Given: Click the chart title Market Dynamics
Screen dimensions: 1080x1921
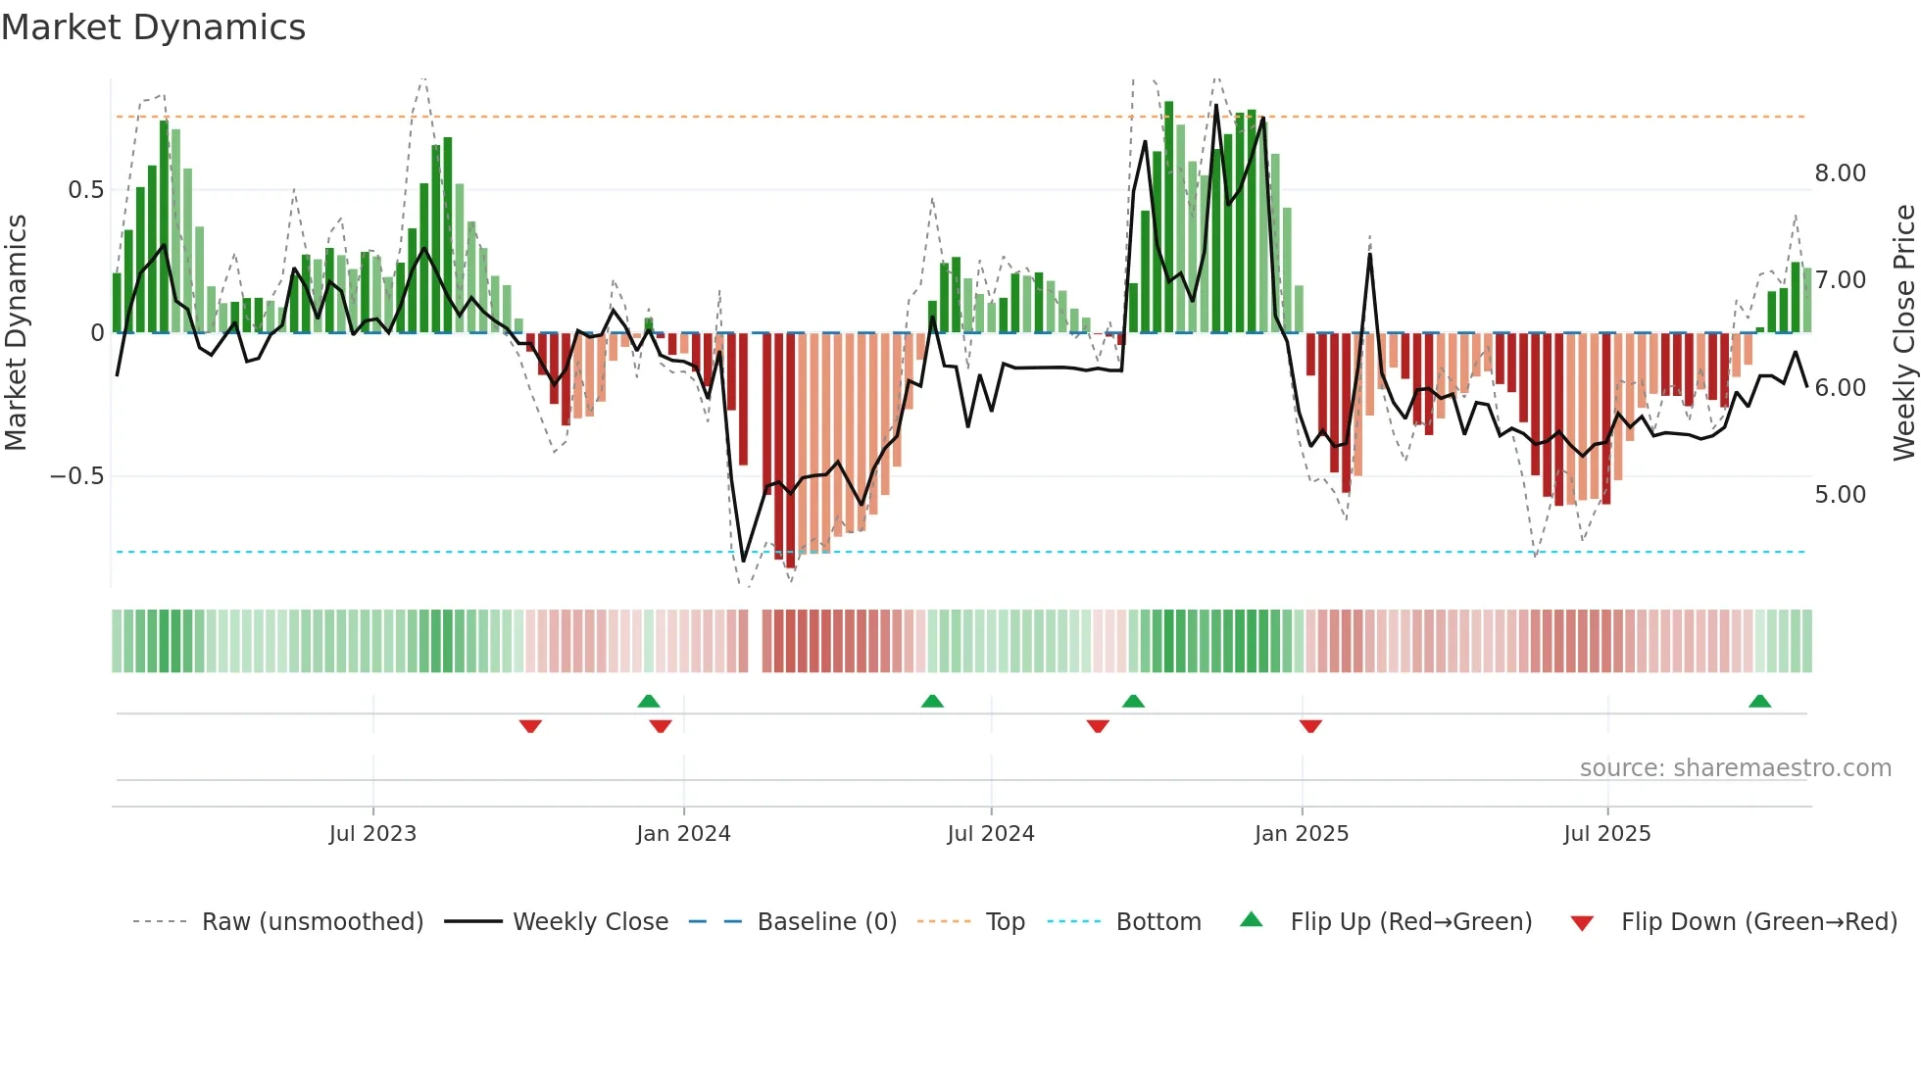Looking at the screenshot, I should coord(154,27).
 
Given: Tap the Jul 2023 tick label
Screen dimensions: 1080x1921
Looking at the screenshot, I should coord(372,834).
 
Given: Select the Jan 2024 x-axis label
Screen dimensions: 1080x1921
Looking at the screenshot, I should coord(683,834).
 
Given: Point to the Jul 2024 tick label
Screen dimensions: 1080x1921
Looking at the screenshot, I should coord(991,834).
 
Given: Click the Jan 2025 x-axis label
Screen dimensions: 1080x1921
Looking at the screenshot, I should coord(1302,834).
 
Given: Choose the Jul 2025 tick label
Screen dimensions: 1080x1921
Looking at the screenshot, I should coord(1607,834).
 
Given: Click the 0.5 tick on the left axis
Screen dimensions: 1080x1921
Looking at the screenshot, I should coord(86,190).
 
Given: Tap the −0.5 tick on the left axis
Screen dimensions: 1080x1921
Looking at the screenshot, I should coord(77,476).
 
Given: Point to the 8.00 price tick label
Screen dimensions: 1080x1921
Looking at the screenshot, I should coord(1841,173).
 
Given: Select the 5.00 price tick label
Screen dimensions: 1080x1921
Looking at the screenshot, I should coord(1841,495).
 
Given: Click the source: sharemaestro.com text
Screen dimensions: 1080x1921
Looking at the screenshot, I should coord(1736,768).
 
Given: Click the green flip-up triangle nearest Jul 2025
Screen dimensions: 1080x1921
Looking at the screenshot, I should coord(1759,702).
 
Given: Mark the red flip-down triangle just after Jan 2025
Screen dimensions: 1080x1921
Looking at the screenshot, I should coord(1310,726).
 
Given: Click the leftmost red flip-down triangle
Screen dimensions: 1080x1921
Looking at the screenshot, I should coord(530,726).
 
